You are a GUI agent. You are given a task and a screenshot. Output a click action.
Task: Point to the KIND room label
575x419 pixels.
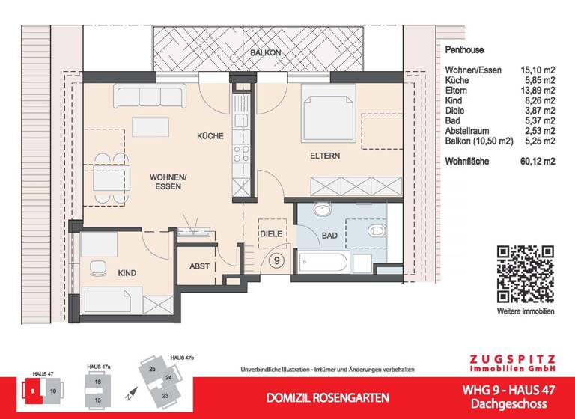pyautogui.click(x=127, y=273)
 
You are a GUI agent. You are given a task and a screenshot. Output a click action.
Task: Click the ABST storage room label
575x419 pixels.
pyautogui.click(x=199, y=266)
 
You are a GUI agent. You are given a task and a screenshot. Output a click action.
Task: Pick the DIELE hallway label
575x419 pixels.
pyautogui.click(x=270, y=233)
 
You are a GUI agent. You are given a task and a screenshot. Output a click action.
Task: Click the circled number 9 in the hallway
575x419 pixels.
pyautogui.click(x=277, y=261)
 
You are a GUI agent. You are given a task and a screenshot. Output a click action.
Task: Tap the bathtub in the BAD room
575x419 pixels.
pyautogui.click(x=323, y=263)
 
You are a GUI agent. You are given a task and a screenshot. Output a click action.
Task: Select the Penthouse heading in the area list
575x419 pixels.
pyautogui.click(x=463, y=52)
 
